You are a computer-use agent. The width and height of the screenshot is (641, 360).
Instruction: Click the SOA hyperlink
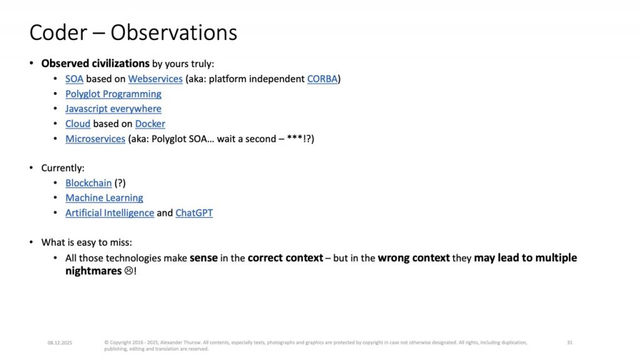(x=74, y=79)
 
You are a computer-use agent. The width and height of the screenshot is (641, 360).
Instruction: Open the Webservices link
(x=155, y=79)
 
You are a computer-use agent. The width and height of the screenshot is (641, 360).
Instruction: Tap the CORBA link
(x=322, y=79)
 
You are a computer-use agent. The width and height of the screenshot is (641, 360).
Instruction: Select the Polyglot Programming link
(x=113, y=94)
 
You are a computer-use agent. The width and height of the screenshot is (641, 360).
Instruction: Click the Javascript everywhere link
(x=113, y=109)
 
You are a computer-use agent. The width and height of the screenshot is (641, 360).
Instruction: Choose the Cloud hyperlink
(x=78, y=124)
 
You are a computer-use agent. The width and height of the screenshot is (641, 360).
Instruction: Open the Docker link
(x=150, y=124)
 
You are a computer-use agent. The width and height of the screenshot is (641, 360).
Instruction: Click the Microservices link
(x=95, y=139)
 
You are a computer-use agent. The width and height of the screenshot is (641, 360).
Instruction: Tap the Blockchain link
(x=88, y=183)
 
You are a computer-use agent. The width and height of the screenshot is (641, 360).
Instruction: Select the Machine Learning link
(x=105, y=198)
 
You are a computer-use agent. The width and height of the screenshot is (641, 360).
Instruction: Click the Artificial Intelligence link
(x=110, y=213)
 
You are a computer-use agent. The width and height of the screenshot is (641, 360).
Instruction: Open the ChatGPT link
(x=194, y=213)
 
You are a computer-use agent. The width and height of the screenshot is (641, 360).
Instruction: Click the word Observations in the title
(x=174, y=33)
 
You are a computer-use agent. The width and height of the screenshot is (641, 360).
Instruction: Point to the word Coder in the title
(x=58, y=33)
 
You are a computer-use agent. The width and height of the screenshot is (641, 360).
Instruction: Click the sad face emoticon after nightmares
(x=129, y=271)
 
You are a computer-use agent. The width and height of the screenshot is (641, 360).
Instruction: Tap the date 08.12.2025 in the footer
(x=59, y=343)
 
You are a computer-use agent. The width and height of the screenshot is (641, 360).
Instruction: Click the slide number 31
(x=570, y=342)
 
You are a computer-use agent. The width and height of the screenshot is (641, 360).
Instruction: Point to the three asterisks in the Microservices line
(x=295, y=138)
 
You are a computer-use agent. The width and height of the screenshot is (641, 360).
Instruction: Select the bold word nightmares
(x=94, y=271)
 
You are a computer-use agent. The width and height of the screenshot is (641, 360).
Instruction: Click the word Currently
(x=63, y=168)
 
